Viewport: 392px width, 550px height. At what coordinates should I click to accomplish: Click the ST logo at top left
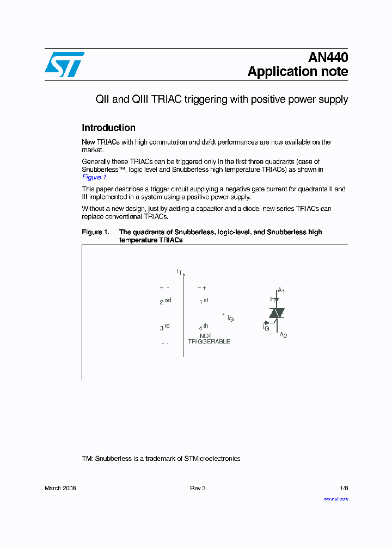pos(64,65)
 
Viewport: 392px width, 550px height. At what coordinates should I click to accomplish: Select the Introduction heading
pos(108,128)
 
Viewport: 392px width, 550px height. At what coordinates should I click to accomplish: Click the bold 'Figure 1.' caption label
pos(95,232)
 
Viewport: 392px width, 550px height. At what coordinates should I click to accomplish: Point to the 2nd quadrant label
pos(166,301)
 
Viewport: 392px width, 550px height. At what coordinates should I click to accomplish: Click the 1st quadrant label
pos(204,301)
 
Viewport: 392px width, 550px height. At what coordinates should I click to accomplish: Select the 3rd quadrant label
pos(165,327)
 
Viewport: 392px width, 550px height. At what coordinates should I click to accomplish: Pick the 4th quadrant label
pos(204,327)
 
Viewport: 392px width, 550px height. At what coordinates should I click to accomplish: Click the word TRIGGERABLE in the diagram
pos(209,342)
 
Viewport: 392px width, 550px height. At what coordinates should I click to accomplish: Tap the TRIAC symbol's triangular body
pos(277,313)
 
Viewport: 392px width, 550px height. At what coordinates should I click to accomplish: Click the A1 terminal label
pos(281,291)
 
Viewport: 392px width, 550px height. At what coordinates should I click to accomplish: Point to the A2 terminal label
pos(283,335)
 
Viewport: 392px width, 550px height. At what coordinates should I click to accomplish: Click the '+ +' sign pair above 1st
pos(201,288)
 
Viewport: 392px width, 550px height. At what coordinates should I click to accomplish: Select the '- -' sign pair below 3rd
pos(165,343)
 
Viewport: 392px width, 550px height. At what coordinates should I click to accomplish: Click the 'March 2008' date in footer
pos(60,488)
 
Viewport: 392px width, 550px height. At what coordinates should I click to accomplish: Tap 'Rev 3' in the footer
pos(198,488)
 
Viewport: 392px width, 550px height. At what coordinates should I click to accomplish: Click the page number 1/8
pos(343,488)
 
